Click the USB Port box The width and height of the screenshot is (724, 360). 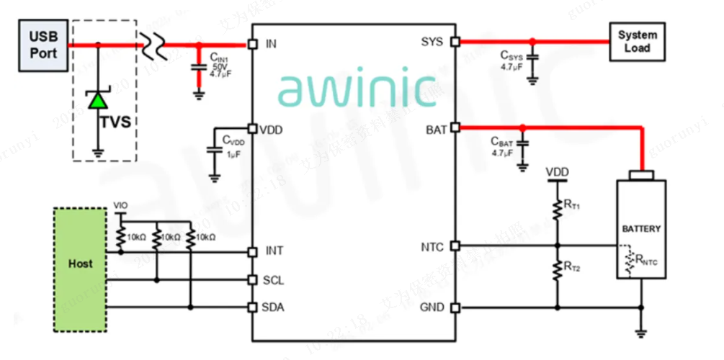click(x=43, y=45)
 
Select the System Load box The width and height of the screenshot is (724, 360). click(x=638, y=41)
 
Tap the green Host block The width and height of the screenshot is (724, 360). click(x=80, y=264)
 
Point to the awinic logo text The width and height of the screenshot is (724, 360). click(x=357, y=88)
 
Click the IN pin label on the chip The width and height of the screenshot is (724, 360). click(x=271, y=45)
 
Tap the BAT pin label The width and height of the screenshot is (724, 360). click(x=436, y=130)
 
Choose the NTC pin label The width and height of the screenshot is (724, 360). click(x=434, y=247)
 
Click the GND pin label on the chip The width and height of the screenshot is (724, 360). click(x=434, y=307)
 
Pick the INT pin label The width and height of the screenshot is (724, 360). click(x=274, y=251)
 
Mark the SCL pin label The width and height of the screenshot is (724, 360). click(x=275, y=279)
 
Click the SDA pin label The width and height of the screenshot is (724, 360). click(x=275, y=307)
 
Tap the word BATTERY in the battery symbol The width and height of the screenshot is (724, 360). click(x=640, y=229)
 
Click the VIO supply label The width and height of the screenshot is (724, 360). click(x=120, y=205)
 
